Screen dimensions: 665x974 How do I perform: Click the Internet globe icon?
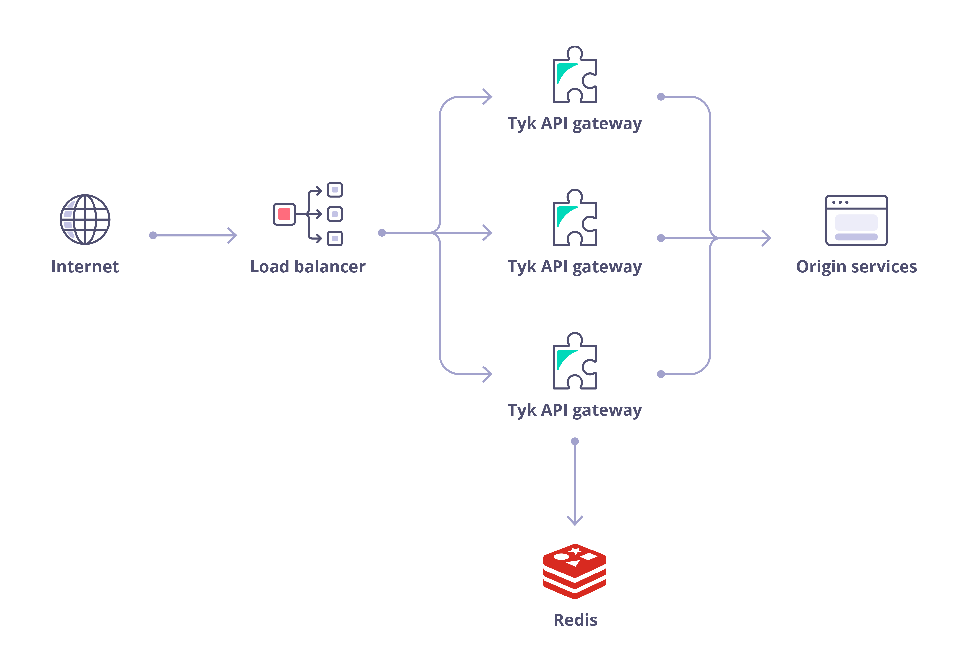coord(85,219)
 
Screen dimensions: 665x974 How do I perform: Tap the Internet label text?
coord(85,267)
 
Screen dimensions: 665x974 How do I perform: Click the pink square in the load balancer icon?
coord(284,214)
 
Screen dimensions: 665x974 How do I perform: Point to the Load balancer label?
coord(308,267)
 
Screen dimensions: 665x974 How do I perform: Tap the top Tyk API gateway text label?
coord(575,124)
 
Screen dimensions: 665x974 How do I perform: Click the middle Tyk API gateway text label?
coord(575,267)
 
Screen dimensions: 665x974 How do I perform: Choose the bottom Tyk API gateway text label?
coord(575,410)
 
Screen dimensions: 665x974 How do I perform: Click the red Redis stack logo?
coord(575,571)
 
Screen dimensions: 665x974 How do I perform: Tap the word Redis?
coord(575,620)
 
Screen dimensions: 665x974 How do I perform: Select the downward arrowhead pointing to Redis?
coord(575,521)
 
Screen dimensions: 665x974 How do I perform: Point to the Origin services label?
coord(856,267)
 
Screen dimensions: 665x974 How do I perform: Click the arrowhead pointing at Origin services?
coord(767,238)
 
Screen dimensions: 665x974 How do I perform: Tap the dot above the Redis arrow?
coord(575,441)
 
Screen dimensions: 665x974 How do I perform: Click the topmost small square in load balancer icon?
coord(335,190)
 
